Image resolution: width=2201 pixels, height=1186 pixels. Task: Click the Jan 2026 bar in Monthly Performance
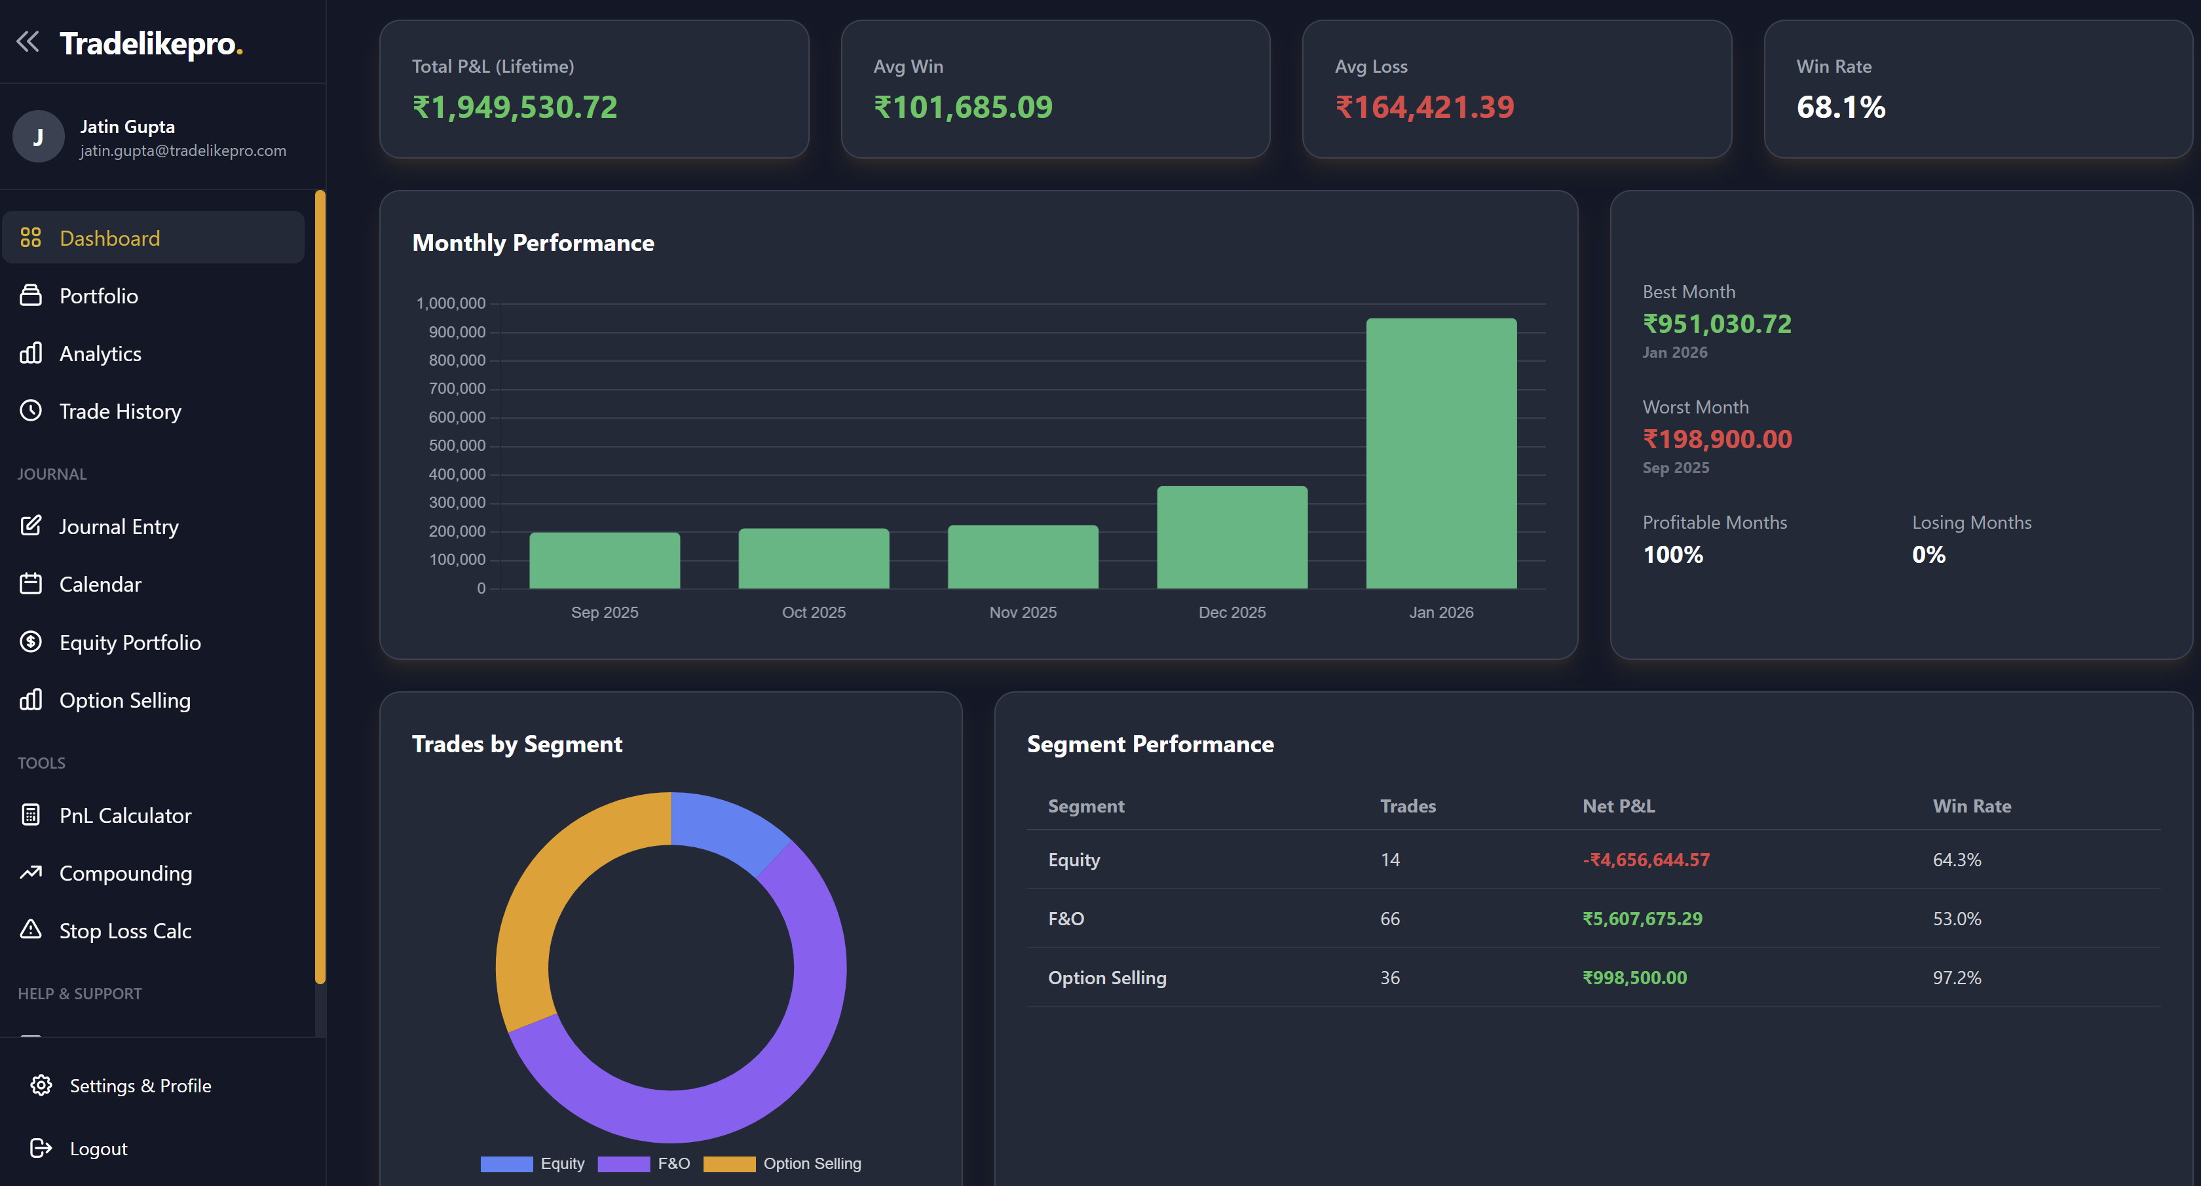pos(1440,453)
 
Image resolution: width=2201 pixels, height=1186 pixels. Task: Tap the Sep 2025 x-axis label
pos(604,612)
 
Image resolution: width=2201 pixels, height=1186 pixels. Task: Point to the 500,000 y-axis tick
pos(457,445)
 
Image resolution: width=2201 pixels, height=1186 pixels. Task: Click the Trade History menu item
pos(120,411)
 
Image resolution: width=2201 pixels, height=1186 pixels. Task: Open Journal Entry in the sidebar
pos(118,526)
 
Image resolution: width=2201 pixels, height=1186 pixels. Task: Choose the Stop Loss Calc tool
pos(124,930)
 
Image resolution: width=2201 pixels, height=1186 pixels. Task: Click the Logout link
pos(98,1149)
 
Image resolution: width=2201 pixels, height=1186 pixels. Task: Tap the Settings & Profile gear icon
pos(41,1085)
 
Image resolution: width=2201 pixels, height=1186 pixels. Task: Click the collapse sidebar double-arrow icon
pos(28,41)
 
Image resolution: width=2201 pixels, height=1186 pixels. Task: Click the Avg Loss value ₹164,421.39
pos(1424,107)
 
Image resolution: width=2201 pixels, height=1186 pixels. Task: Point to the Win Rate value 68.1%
pos(1841,107)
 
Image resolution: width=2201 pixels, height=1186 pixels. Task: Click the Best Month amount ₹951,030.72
pos(1716,324)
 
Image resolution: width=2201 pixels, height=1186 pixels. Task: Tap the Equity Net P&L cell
pos(1646,860)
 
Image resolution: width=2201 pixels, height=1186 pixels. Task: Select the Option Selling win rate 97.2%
pos(1956,978)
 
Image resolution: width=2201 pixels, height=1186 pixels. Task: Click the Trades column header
pos(1407,806)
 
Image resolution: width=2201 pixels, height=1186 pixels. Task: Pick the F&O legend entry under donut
pos(645,1164)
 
